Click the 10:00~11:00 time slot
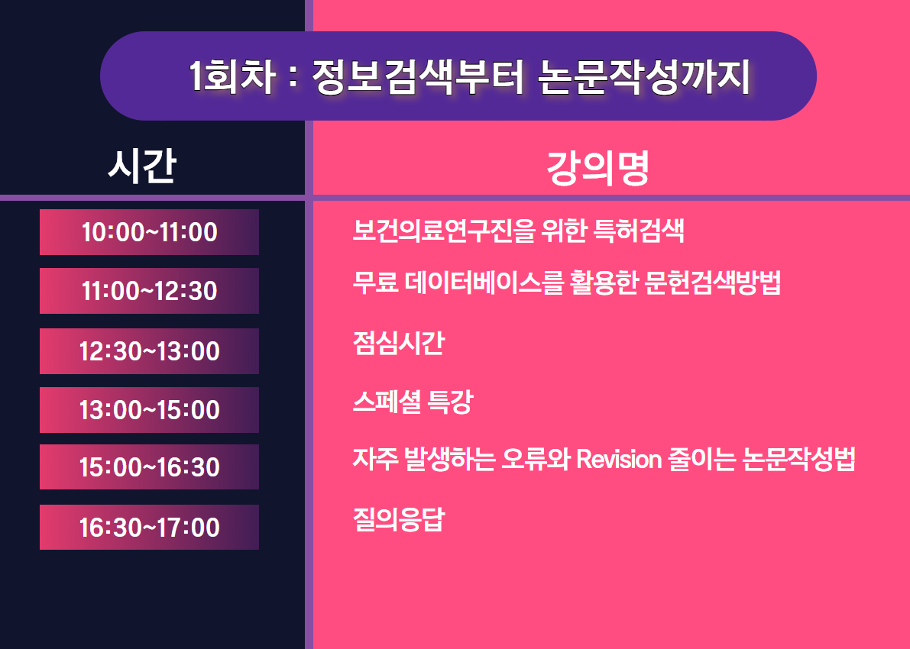point(149,232)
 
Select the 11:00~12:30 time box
point(149,291)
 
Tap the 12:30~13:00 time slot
point(149,351)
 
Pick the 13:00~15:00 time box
point(149,409)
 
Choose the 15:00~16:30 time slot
point(149,467)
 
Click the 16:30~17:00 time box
point(149,527)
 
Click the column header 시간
point(142,166)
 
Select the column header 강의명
point(597,168)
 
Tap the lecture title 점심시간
point(399,343)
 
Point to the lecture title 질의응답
point(399,520)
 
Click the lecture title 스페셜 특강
point(413,402)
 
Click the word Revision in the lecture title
point(619,460)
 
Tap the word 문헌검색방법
point(713,283)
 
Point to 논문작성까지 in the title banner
point(644,76)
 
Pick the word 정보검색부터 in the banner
point(418,76)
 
